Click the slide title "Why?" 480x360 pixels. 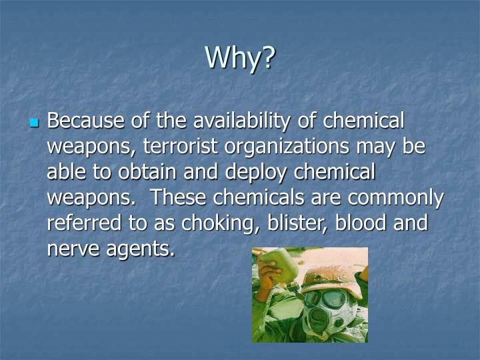240,57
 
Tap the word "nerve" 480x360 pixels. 71,248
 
